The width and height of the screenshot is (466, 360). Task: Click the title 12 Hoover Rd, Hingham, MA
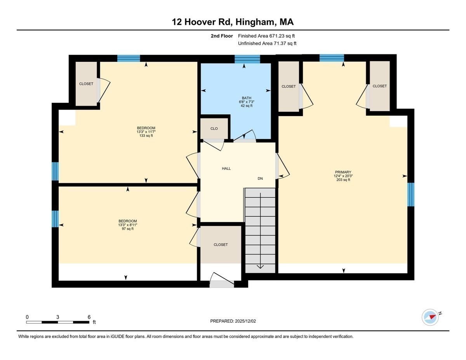(x=233, y=22)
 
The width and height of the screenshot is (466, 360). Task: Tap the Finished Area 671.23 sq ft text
(x=266, y=36)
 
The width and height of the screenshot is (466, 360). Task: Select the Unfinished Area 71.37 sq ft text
(x=267, y=43)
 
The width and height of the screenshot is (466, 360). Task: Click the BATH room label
(x=246, y=98)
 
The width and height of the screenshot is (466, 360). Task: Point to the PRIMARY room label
(x=343, y=172)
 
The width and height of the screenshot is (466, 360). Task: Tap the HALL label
(x=226, y=169)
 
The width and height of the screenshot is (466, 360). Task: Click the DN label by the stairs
(x=260, y=179)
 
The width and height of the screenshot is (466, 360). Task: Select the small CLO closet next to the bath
(x=214, y=129)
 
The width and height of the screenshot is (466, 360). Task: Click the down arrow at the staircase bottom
(x=260, y=266)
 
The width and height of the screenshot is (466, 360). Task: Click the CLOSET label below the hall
(x=221, y=245)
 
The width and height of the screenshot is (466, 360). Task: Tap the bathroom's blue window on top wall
(x=247, y=59)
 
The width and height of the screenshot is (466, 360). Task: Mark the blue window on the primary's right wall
(x=410, y=194)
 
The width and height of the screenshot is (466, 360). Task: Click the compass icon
(x=430, y=317)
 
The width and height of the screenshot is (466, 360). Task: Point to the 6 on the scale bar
(x=89, y=317)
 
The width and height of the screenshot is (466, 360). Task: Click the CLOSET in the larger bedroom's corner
(x=86, y=84)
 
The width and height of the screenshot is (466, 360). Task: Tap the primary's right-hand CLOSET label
(x=379, y=86)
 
